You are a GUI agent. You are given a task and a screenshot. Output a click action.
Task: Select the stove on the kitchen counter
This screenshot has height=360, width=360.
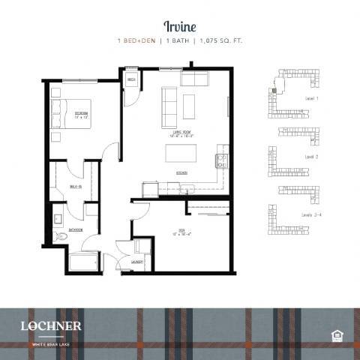tap(222, 160)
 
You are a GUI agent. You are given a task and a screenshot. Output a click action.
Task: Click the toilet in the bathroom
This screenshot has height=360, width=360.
tap(62, 237)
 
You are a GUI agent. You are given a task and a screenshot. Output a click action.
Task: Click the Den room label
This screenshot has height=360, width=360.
tap(180, 232)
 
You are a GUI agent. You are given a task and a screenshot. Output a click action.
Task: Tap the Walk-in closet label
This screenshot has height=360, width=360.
tap(75, 187)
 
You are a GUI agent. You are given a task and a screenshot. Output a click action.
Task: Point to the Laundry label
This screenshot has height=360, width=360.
tap(137, 262)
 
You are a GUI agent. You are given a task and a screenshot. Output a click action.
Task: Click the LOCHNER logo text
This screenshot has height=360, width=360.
tap(52, 325)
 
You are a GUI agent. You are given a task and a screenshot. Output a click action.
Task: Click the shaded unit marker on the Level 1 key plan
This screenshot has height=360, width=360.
tap(274, 90)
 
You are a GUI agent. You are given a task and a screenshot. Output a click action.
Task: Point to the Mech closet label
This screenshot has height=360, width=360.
tap(131, 79)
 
